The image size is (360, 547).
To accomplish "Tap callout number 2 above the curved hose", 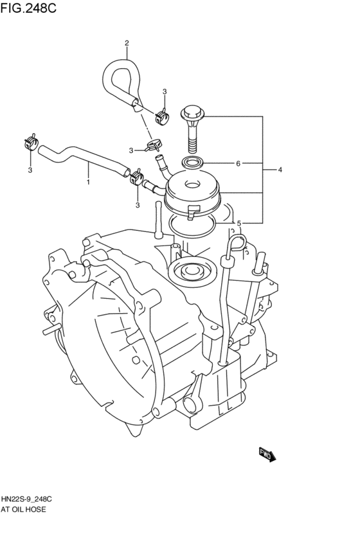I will point(127,43).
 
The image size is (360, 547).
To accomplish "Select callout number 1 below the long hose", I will point(88,183).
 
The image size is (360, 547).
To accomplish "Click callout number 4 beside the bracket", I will point(280,170).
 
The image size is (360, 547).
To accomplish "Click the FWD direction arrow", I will point(267,454).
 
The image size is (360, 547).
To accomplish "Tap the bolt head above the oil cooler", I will point(192,114).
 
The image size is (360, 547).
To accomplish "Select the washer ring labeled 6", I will point(193,163).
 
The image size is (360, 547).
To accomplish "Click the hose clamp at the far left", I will point(30,142).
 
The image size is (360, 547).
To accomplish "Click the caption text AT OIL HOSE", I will point(24,509).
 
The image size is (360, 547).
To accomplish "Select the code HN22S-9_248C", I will point(27,499).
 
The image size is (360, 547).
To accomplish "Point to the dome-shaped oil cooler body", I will point(194,193).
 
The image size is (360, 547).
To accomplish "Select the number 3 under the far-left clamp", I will point(30,170).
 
